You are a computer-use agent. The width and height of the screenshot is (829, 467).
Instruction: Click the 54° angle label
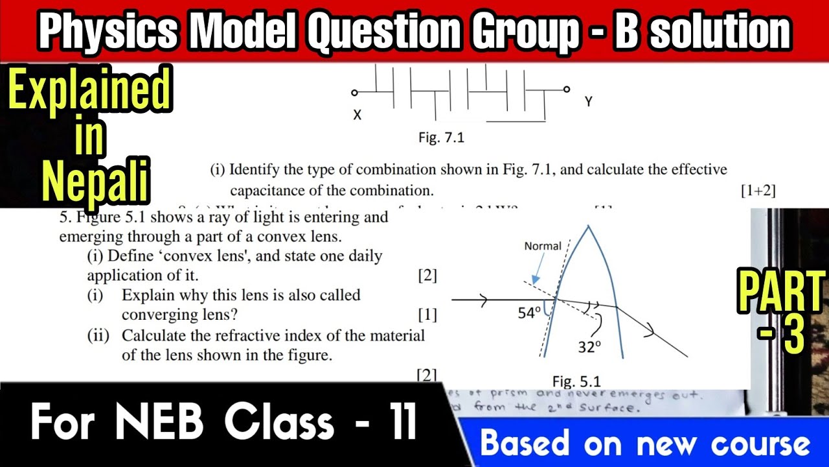click(528, 313)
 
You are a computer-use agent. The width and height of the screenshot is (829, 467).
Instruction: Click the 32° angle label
click(590, 347)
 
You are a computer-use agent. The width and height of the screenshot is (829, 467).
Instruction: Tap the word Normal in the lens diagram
click(542, 246)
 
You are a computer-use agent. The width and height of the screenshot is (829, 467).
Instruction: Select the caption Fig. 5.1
click(576, 381)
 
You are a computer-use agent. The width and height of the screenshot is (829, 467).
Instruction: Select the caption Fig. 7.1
click(441, 138)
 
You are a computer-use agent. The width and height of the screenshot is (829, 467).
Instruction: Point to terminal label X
click(357, 115)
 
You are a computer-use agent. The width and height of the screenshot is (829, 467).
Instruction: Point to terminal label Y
click(588, 102)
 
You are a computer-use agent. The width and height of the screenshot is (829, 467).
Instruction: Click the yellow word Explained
click(90, 91)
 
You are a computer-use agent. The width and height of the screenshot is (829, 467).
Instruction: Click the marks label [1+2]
click(757, 191)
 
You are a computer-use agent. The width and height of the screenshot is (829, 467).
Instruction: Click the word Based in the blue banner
click(525, 444)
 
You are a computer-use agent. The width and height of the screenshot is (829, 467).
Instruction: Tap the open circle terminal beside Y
click(567, 90)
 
